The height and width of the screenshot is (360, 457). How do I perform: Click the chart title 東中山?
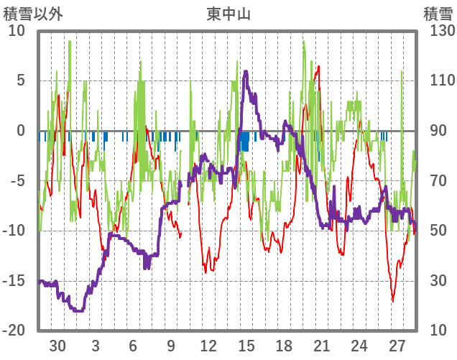(x=228, y=14)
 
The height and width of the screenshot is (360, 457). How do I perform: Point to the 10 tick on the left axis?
(x=17, y=31)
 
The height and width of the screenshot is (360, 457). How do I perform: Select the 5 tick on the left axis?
(x=20, y=80)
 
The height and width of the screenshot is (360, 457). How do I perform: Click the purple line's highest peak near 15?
(x=246, y=71)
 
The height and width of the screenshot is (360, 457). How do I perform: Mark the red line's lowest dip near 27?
(x=392, y=301)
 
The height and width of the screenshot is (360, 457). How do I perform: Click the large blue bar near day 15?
(x=244, y=141)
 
